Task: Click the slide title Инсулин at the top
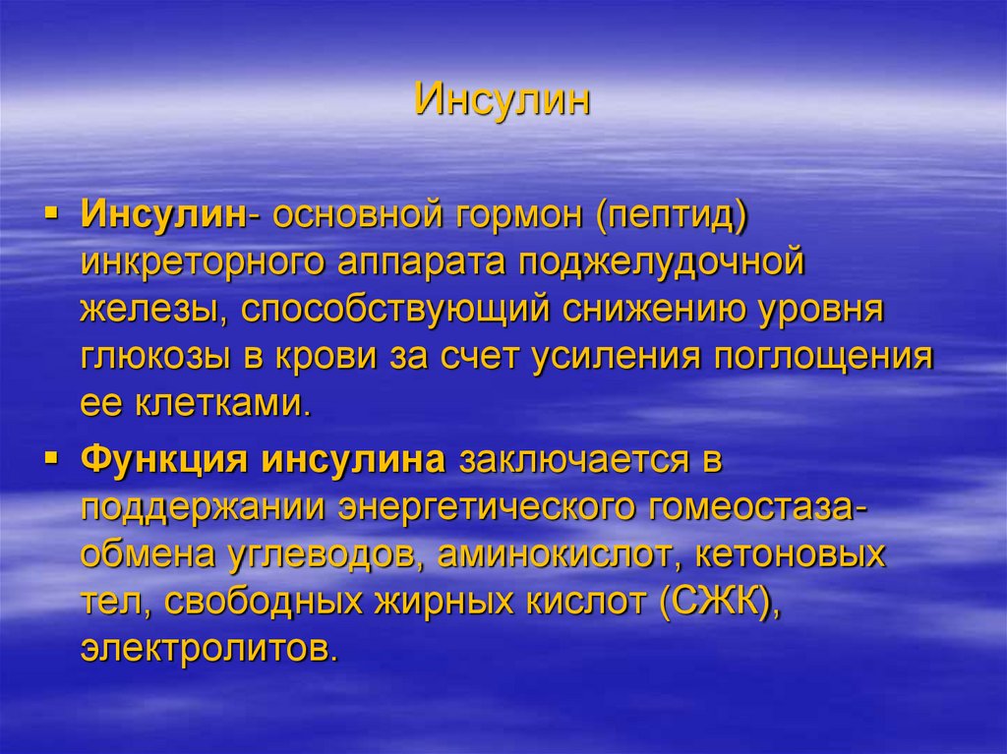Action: click(503, 100)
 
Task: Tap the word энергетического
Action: click(492, 509)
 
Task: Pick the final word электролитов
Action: click(210, 649)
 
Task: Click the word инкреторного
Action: click(203, 263)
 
